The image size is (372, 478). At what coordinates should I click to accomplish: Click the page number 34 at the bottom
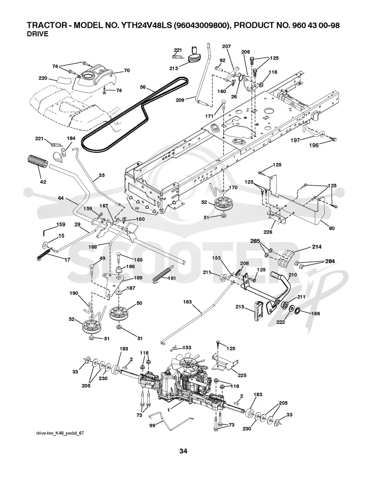click(183, 451)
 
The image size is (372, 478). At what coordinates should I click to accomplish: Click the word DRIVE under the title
click(38, 34)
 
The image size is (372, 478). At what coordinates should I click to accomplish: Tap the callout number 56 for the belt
click(143, 87)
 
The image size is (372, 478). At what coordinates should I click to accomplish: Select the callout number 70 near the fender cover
click(127, 71)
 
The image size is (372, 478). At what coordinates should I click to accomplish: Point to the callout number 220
click(43, 78)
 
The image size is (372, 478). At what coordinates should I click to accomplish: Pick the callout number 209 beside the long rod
click(180, 100)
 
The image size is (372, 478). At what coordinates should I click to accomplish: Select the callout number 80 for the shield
click(331, 228)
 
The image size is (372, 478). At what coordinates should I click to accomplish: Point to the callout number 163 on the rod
click(187, 302)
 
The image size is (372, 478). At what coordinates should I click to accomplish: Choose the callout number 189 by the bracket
click(138, 278)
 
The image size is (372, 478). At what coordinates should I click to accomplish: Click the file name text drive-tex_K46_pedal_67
click(60, 433)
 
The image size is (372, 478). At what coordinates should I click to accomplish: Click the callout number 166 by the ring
click(316, 313)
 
